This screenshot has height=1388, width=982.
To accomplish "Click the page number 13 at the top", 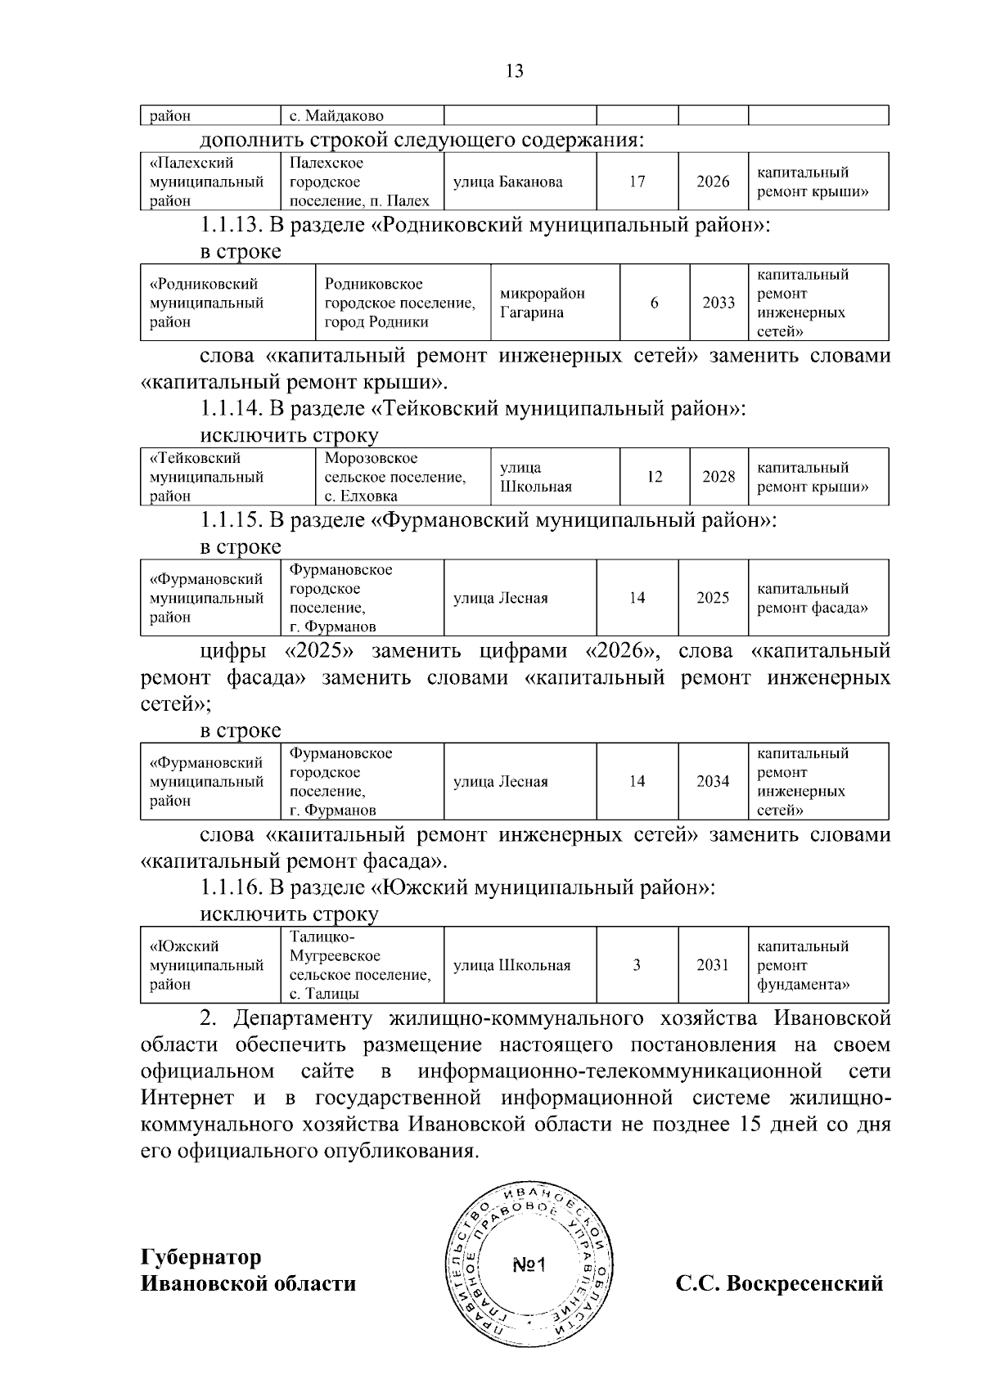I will (x=515, y=70).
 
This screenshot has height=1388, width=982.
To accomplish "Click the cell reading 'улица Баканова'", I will (x=507, y=182).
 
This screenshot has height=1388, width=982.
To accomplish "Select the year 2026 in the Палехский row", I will (x=712, y=182).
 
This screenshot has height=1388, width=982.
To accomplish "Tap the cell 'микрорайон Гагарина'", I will (x=543, y=303).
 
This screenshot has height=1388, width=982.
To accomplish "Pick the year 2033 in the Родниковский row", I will (x=718, y=303).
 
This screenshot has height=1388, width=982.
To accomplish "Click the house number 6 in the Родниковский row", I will (x=654, y=303).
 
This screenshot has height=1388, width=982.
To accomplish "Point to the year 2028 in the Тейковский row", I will (x=718, y=477).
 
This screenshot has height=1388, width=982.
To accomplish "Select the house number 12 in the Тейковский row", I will (x=654, y=477).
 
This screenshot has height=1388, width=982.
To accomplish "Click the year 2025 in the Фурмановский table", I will (x=712, y=598).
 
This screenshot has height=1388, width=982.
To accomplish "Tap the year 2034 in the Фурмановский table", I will (x=712, y=781).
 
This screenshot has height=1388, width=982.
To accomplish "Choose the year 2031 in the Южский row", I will (x=712, y=965).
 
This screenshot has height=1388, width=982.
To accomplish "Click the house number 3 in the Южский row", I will (x=637, y=965).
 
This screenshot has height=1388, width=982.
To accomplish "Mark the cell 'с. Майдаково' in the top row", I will (x=336, y=116).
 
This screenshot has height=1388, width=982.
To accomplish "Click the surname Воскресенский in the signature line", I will (x=805, y=1283).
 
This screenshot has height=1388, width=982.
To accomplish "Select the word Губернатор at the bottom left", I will (x=201, y=1256).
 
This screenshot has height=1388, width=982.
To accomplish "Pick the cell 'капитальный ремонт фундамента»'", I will (x=804, y=965).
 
